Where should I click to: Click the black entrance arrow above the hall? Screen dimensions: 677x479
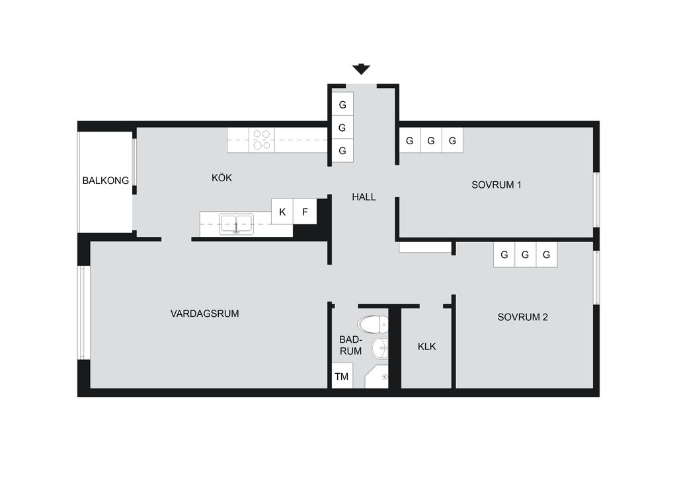coord(361,69)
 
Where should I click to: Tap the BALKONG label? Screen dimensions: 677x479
coord(106,181)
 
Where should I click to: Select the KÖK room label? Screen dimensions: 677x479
coord(222,177)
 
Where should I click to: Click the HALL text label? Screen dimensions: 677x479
coord(364,197)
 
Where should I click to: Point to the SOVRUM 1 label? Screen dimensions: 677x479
coord(496,185)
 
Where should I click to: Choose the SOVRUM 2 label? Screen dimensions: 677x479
coord(522,317)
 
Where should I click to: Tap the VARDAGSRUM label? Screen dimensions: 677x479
coord(205,314)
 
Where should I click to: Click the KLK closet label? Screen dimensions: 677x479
coord(426,347)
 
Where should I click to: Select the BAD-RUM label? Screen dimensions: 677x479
coord(350,345)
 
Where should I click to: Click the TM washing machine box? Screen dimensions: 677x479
coord(342,376)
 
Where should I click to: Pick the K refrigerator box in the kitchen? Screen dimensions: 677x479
coord(282,212)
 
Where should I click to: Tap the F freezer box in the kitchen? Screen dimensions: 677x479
coord(305,212)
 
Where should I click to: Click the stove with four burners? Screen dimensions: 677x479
coord(262,140)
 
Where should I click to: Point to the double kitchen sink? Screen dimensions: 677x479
coord(236,224)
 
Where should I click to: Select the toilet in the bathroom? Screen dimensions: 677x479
coord(373,324)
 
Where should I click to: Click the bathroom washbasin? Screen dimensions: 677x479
coord(380,348)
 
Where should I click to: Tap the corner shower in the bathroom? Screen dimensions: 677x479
coord(376,376)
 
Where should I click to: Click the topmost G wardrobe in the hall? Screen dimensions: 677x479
coord(342,104)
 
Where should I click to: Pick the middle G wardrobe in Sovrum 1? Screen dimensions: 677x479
coord(431,140)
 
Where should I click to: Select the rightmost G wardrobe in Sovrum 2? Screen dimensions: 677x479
coord(547,255)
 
